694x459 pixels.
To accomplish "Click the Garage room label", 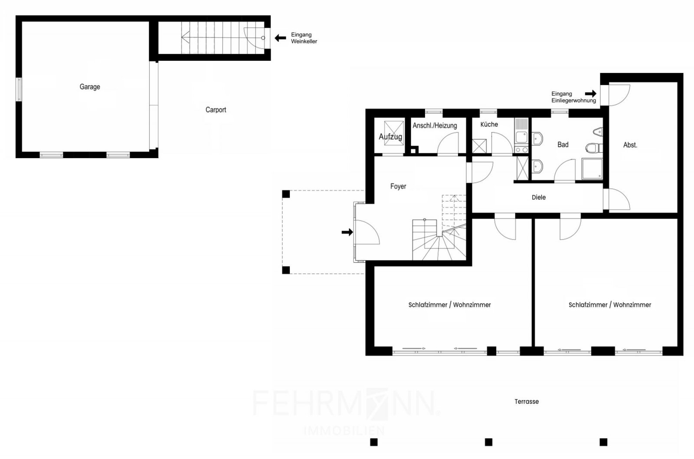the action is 90,87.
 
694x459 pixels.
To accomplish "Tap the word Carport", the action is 216,110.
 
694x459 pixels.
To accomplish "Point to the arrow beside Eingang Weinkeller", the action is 280,38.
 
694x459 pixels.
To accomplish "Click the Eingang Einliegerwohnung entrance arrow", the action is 590,93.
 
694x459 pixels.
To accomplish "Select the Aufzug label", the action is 390,136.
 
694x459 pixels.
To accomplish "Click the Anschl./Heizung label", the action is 435,125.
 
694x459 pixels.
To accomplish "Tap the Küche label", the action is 489,124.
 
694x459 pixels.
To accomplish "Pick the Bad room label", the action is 563,145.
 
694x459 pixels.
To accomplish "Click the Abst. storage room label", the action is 630,145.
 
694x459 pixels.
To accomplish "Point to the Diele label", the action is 539,197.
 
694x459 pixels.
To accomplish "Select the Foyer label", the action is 398,186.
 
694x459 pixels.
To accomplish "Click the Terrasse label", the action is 527,402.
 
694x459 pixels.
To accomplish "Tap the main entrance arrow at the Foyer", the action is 347,232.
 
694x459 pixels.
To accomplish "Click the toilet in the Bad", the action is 594,148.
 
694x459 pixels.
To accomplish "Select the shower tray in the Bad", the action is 592,169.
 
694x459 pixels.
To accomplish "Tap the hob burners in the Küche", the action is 521,150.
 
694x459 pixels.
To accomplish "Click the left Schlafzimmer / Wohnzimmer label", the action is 449,305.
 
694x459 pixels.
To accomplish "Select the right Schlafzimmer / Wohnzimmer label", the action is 610,305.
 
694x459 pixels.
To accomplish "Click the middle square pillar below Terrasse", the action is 488,442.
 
